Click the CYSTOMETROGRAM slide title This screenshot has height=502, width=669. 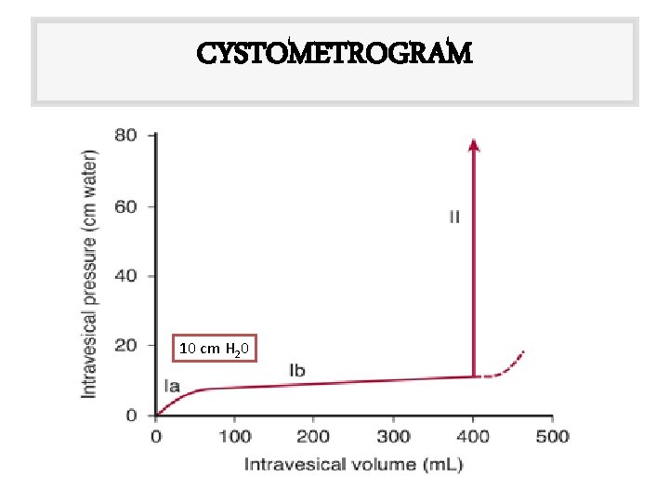(334, 53)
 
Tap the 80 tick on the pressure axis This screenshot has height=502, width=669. (125, 136)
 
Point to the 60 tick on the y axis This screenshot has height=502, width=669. (125, 206)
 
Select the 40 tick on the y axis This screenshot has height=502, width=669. (125, 276)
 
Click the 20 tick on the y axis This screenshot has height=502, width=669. (125, 346)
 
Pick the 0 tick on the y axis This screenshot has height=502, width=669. (131, 416)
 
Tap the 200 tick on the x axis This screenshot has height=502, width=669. (314, 436)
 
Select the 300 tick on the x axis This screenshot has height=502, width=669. (394, 436)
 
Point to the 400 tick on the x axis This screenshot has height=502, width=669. (474, 436)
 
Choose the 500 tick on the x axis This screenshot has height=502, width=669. (553, 436)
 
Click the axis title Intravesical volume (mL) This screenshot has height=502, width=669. (353, 464)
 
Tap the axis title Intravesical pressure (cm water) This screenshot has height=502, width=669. (90, 274)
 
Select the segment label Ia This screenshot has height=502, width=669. (172, 385)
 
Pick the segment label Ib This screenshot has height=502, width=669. (296, 371)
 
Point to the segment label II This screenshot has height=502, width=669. (454, 218)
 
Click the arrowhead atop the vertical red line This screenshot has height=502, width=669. (474, 143)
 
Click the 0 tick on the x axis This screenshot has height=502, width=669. (155, 436)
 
